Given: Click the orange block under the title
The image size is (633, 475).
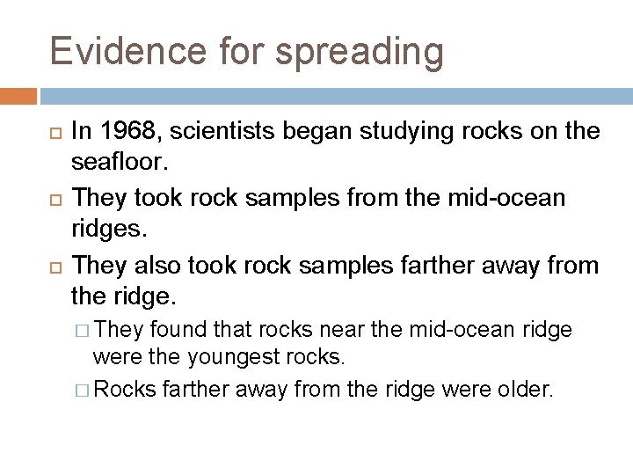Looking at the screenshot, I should pyautogui.click(x=18, y=95).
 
